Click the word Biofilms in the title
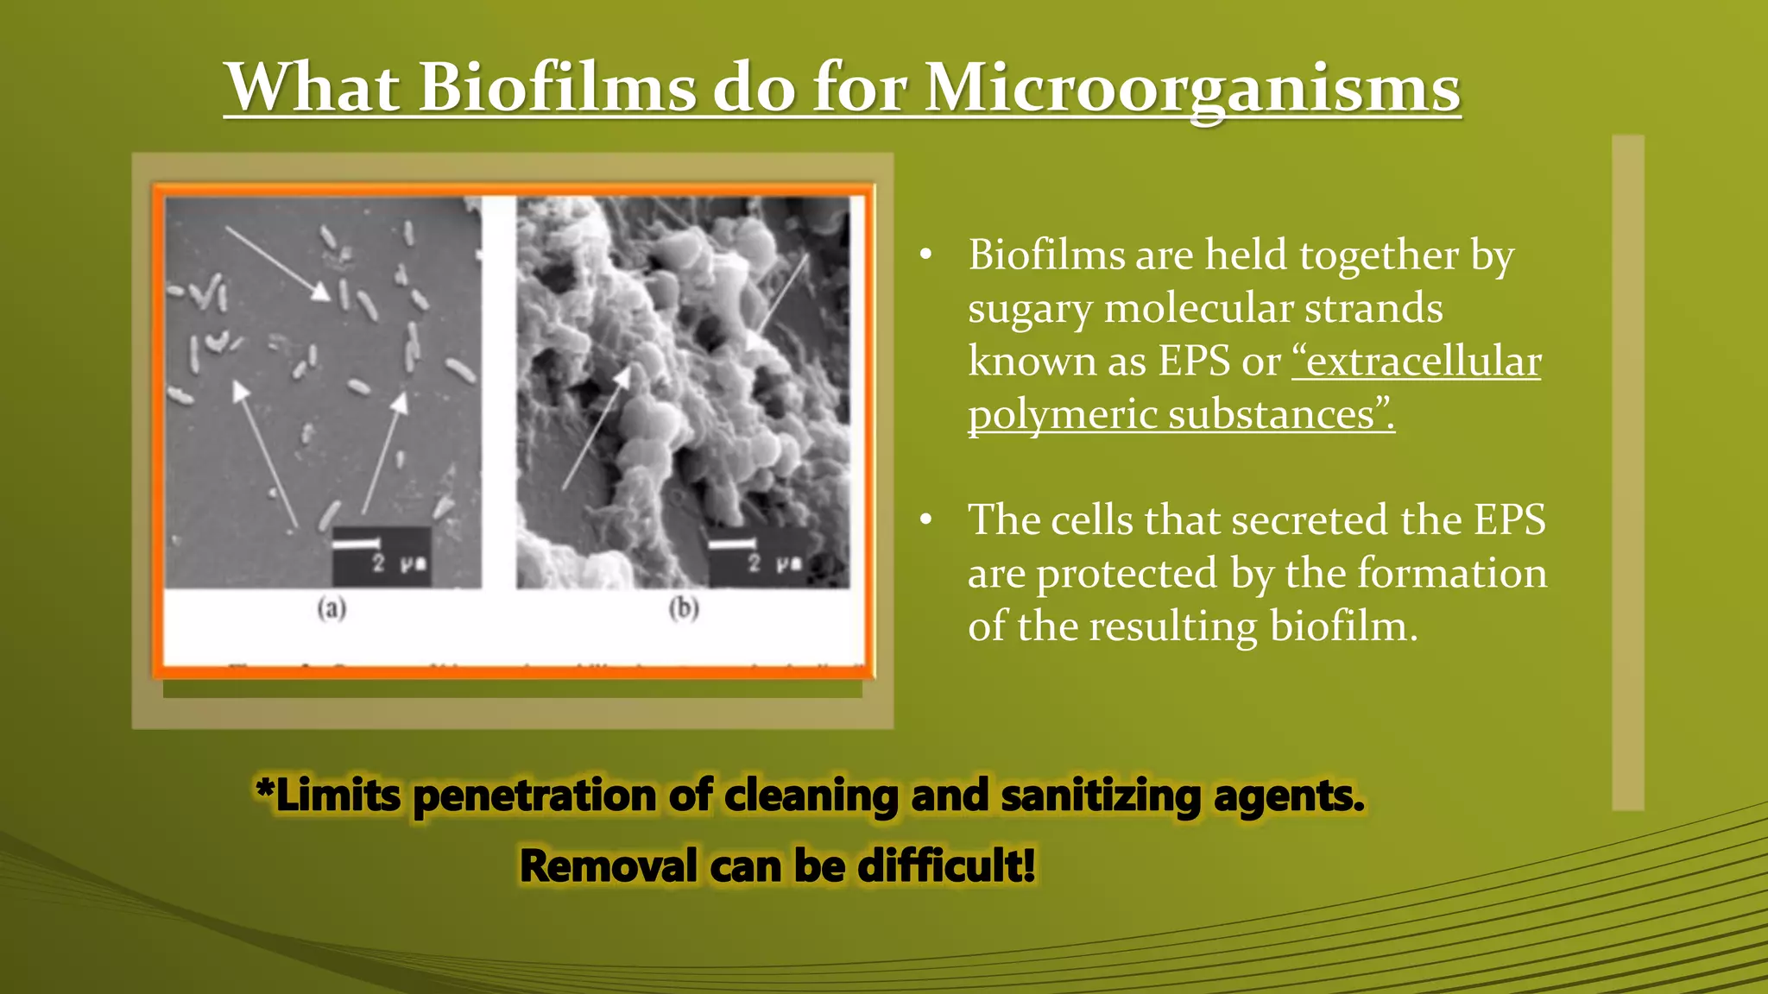(x=556, y=88)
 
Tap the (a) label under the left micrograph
(x=331, y=609)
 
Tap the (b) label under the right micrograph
(x=684, y=609)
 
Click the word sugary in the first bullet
(x=1029, y=309)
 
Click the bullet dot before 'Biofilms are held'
(x=926, y=255)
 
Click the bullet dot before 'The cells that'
(x=926, y=520)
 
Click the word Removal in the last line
(x=609, y=866)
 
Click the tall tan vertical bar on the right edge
(x=1627, y=472)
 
